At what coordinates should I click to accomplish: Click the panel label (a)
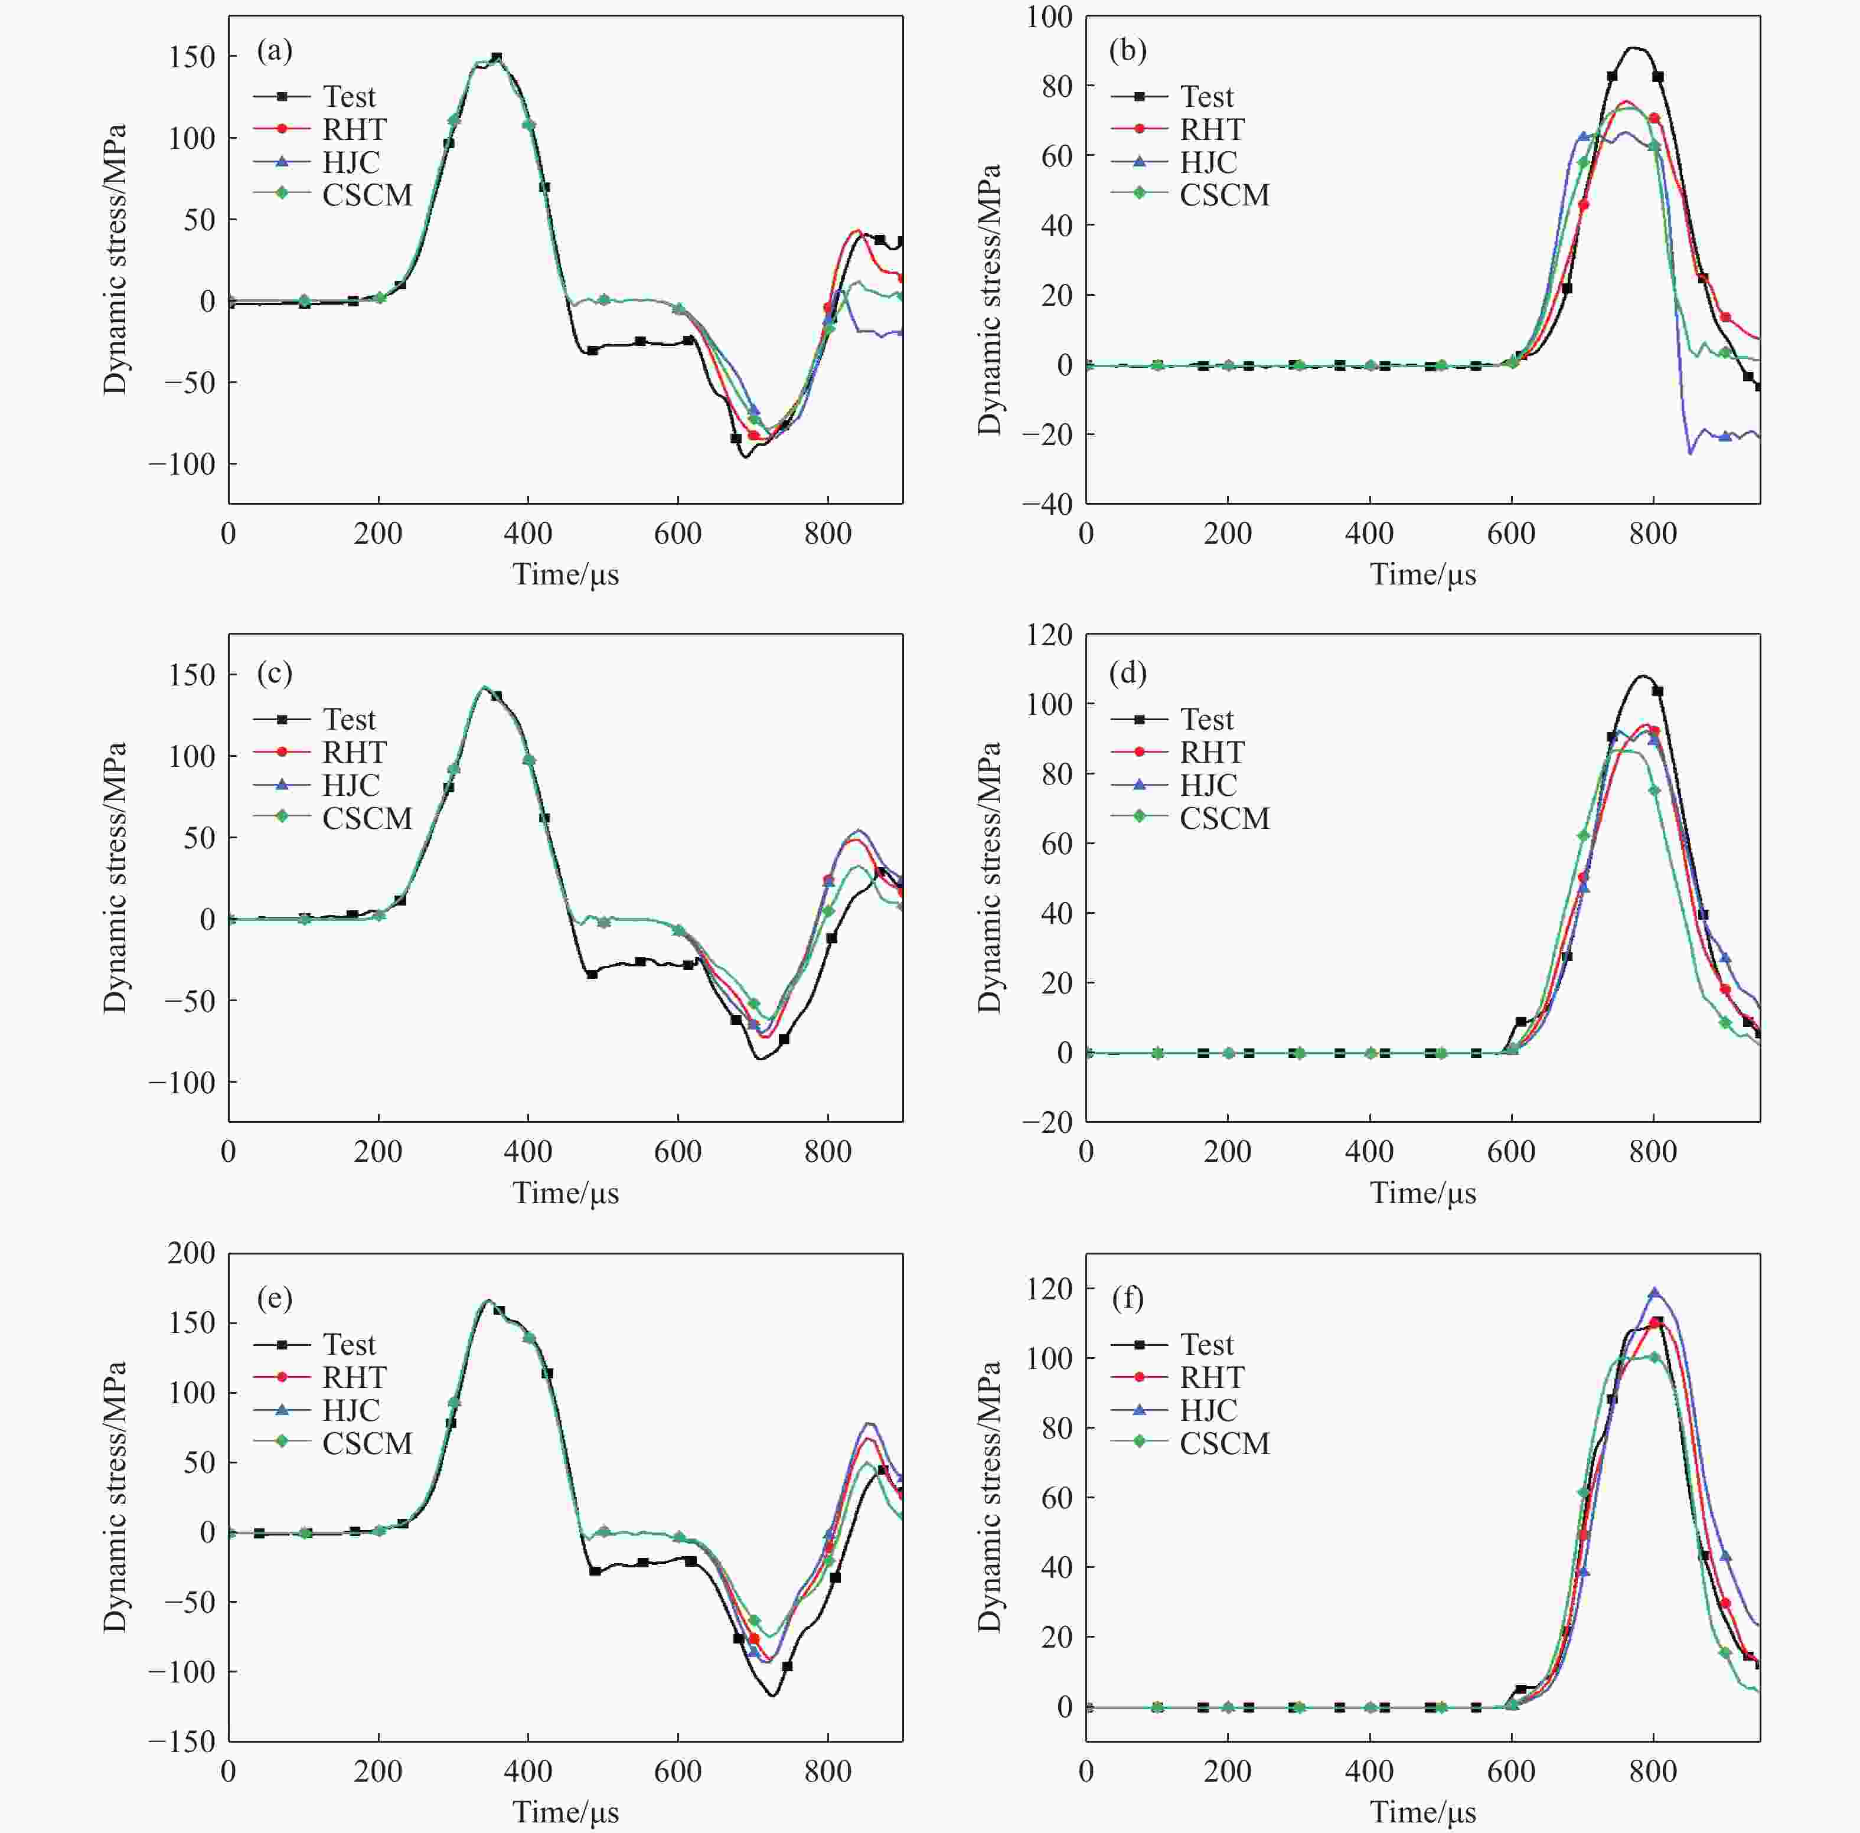275,51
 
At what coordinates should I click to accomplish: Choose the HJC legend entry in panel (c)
350,785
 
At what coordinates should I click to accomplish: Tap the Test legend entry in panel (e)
348,1344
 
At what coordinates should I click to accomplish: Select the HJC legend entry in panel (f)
1208,1409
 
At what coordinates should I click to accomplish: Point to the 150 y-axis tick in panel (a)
191,57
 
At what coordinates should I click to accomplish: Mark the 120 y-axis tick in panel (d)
1049,635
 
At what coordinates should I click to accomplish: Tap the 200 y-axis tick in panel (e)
191,1253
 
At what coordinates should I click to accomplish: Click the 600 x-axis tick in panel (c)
678,1151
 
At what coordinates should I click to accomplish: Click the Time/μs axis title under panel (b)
1423,575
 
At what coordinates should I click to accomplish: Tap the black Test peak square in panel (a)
497,58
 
